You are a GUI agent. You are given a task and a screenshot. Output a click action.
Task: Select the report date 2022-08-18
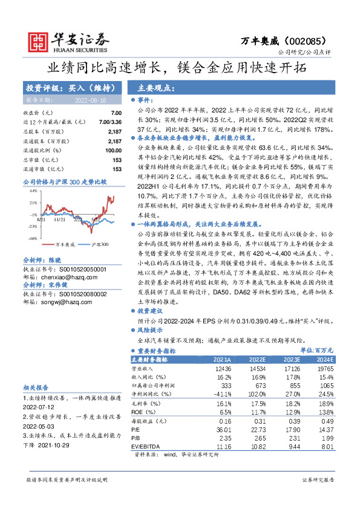click(90, 100)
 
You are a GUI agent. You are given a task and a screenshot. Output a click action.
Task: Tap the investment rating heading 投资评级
click(38, 88)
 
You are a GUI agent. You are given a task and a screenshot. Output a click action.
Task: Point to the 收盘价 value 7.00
click(116, 113)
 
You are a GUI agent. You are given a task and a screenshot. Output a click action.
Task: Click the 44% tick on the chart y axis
click(33, 190)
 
